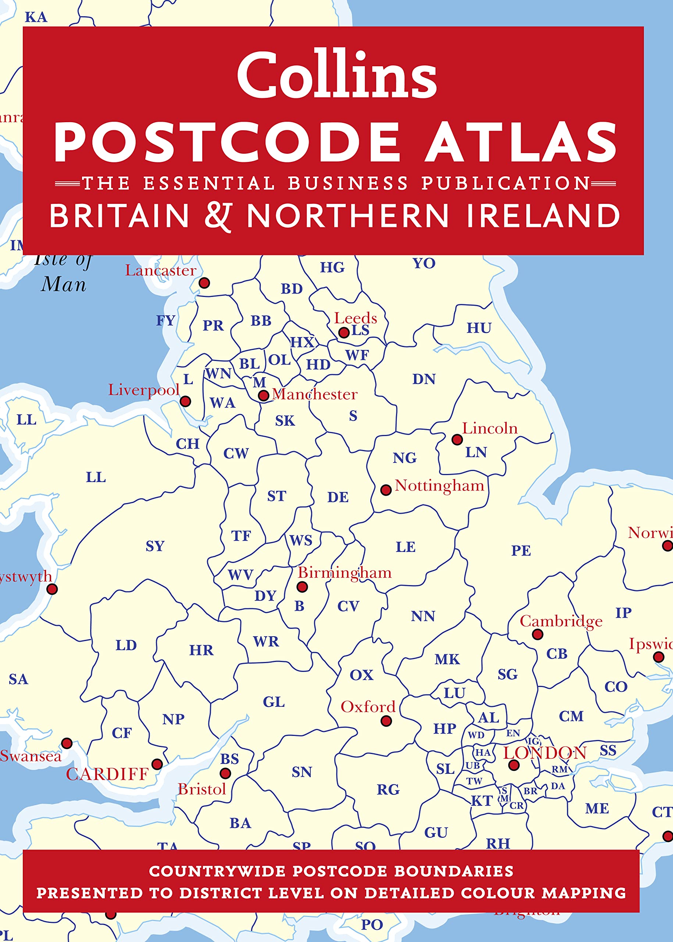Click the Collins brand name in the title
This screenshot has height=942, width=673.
(x=336, y=75)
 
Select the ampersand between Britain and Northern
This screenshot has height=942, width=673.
(x=218, y=216)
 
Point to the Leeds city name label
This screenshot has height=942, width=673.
(x=356, y=318)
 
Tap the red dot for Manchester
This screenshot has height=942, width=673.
(x=263, y=395)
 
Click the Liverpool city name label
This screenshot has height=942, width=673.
(x=143, y=390)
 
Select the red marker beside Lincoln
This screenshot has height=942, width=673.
(x=457, y=439)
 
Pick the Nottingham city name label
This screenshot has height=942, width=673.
(x=439, y=485)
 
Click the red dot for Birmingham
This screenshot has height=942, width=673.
(x=302, y=587)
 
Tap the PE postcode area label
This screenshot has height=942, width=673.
(x=521, y=550)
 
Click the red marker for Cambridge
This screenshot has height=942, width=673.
(x=538, y=634)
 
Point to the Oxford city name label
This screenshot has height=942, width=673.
(x=368, y=706)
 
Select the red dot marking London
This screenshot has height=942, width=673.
(x=514, y=765)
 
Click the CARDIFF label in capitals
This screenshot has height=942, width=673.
(x=107, y=774)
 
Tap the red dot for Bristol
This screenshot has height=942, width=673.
(x=225, y=773)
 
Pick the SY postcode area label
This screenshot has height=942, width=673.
(x=155, y=546)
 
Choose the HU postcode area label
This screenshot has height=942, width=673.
(x=479, y=328)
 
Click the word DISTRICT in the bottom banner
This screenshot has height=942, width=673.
(x=222, y=893)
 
